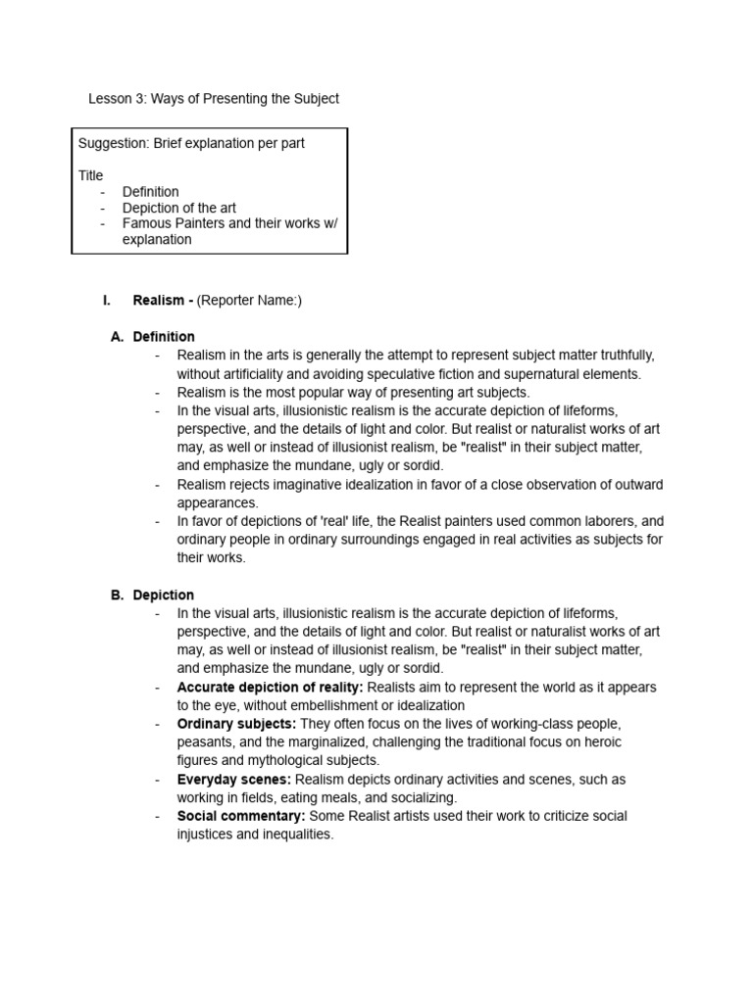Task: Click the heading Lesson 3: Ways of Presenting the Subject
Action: click(x=214, y=99)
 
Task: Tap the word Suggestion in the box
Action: click(x=113, y=143)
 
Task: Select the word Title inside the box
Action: click(x=90, y=175)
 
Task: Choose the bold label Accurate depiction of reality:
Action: click(x=270, y=688)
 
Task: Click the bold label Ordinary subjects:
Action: click(x=236, y=724)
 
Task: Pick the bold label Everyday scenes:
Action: click(x=233, y=780)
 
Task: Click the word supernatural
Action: click(x=541, y=373)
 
